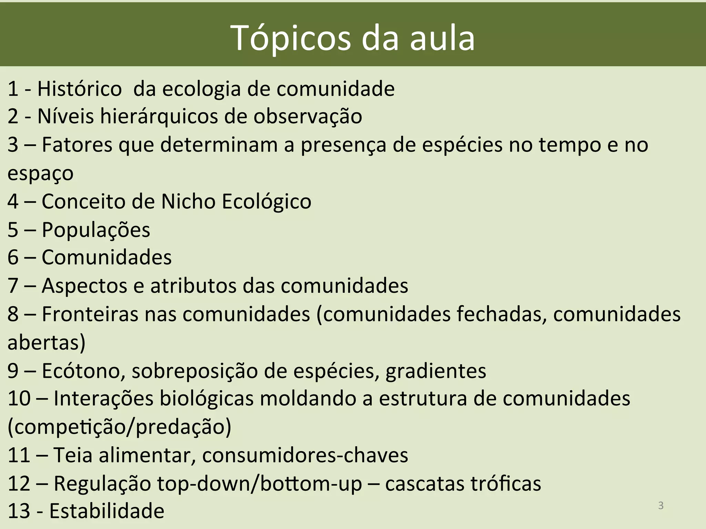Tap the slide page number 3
click(660, 505)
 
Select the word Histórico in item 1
click(80, 89)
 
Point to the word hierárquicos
click(159, 116)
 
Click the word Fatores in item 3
click(77, 145)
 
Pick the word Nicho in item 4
click(188, 201)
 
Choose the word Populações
click(96, 229)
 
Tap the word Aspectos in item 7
click(84, 286)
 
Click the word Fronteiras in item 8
click(90, 314)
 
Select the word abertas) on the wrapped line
click(47, 342)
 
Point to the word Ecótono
click(83, 371)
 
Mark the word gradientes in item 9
click(436, 371)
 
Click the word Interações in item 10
click(103, 399)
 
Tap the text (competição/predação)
click(119, 427)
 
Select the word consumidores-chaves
click(305, 455)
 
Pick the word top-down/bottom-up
click(260, 483)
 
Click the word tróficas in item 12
click(506, 483)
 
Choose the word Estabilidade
click(107, 511)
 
